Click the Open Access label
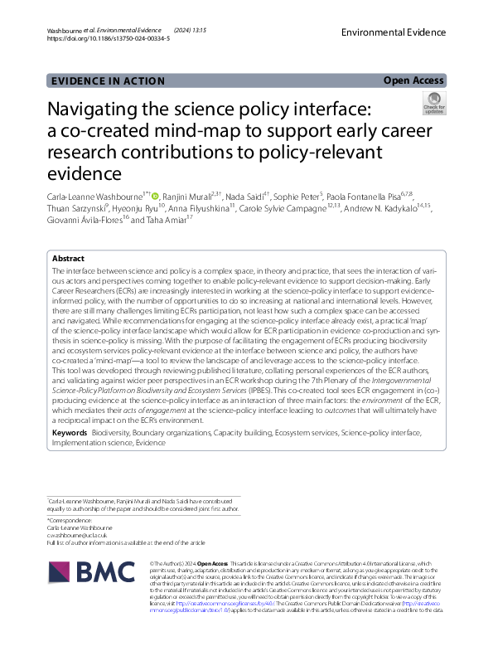coord(414,80)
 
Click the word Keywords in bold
coord(69,433)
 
